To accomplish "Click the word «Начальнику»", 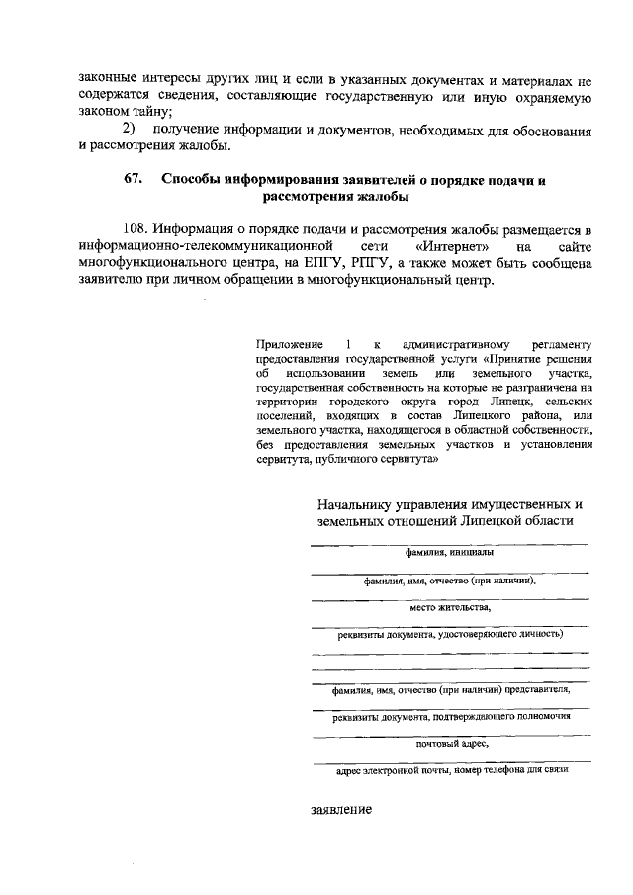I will pyautogui.click(x=353, y=504).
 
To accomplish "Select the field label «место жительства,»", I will pyautogui.click(x=449, y=608).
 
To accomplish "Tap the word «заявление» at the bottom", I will pyautogui.click(x=341, y=809).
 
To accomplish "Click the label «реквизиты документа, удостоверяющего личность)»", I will pyautogui.click(x=449, y=635).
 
